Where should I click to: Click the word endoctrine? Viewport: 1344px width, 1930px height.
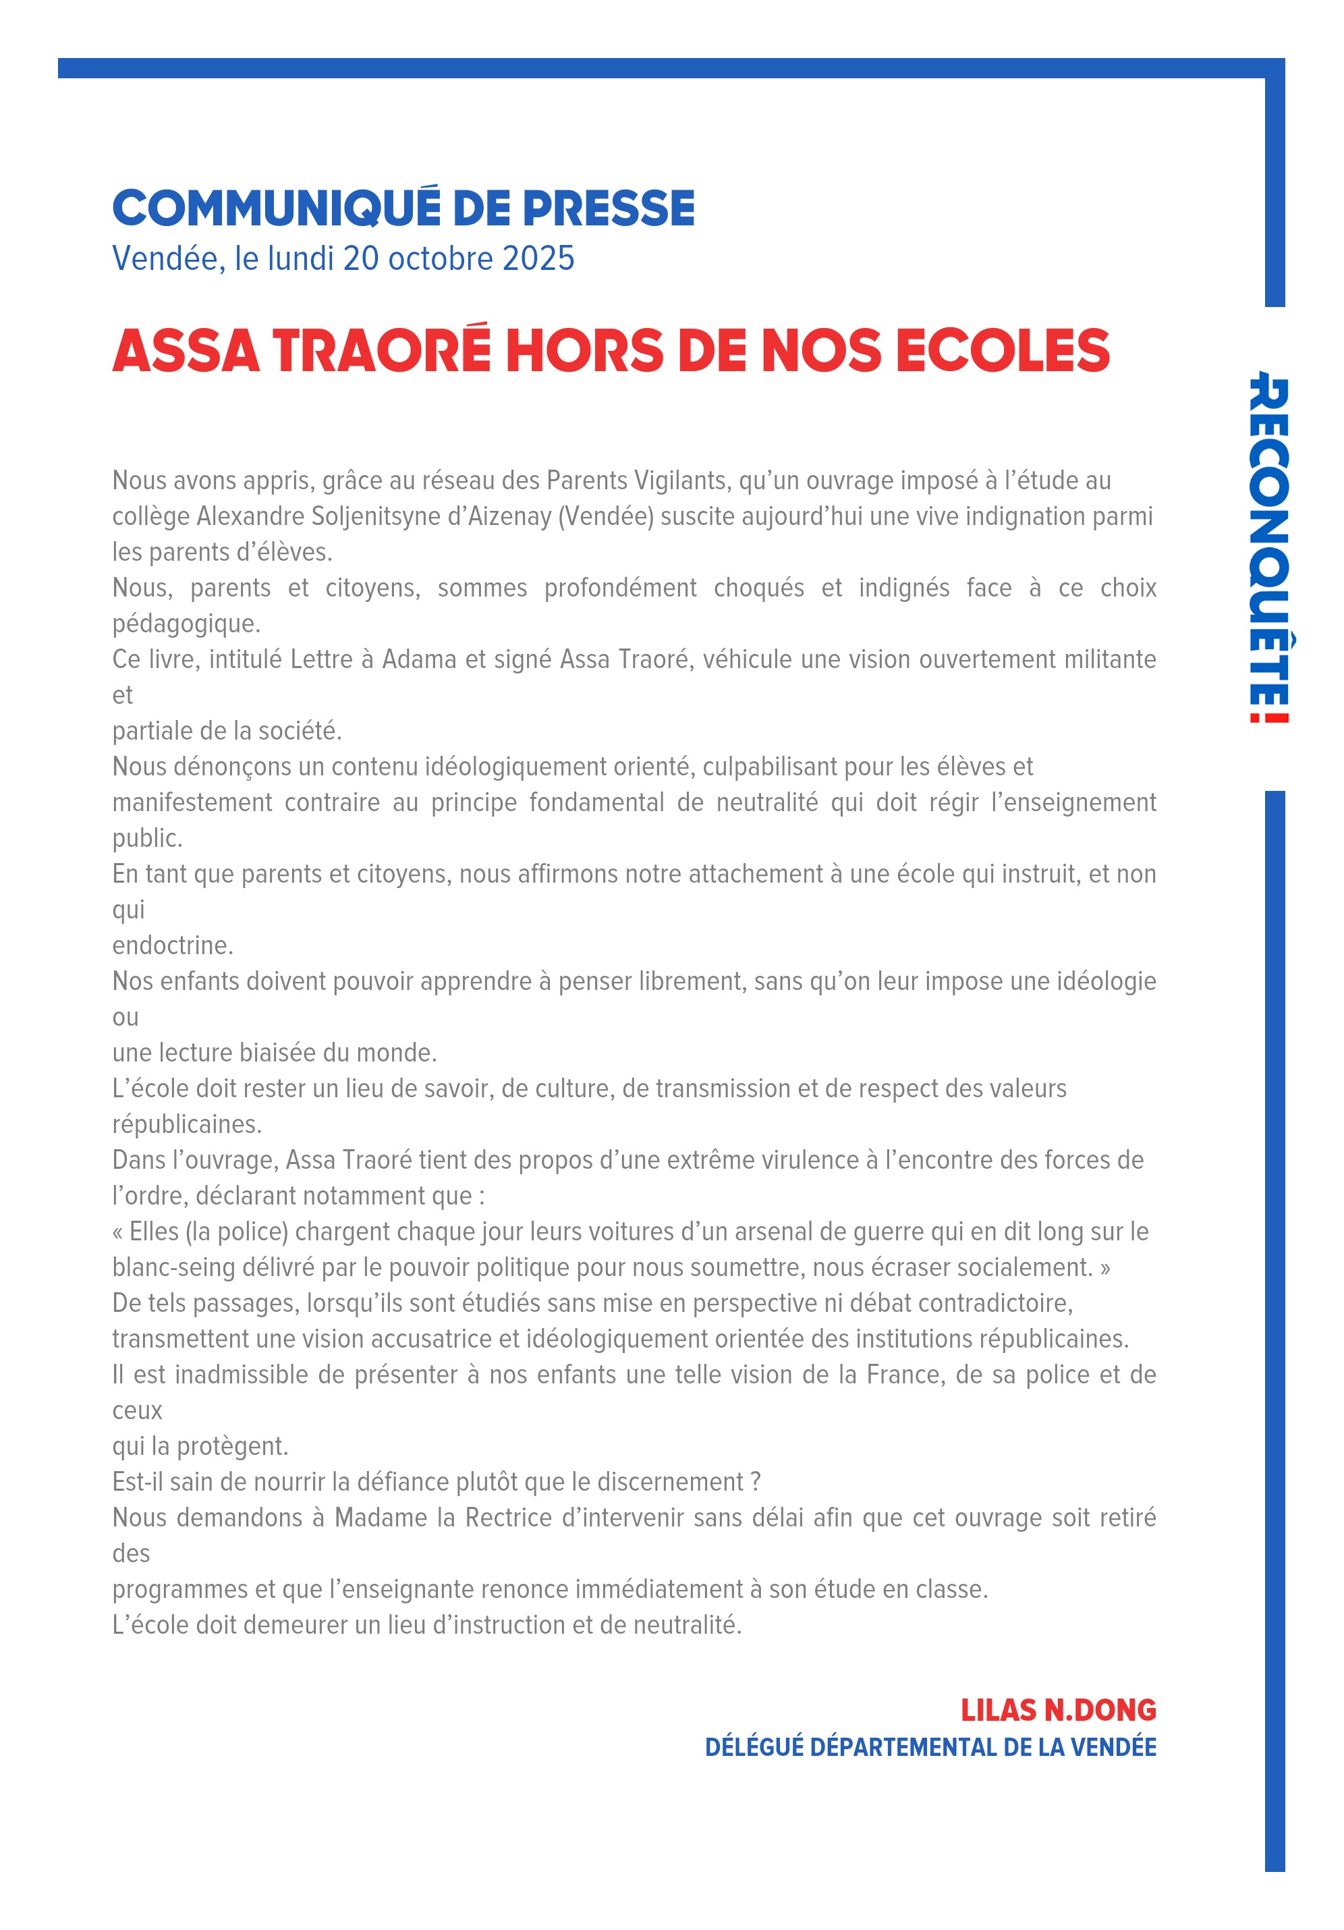click(172, 945)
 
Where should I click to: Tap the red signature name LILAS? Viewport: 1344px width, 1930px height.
click(998, 1711)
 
